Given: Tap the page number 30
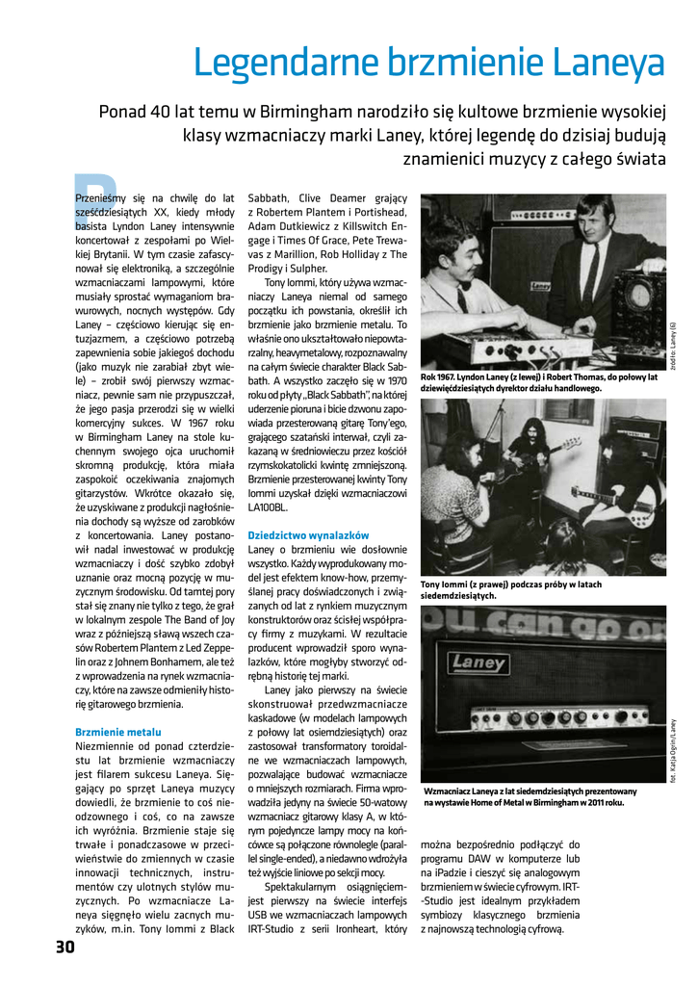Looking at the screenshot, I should pyautogui.click(x=65, y=947).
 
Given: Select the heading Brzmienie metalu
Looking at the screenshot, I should pyautogui.click(x=117, y=733).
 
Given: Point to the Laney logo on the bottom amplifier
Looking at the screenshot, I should pyautogui.click(x=481, y=664).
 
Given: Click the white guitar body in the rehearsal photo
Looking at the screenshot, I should pyautogui.click(x=608, y=502).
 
